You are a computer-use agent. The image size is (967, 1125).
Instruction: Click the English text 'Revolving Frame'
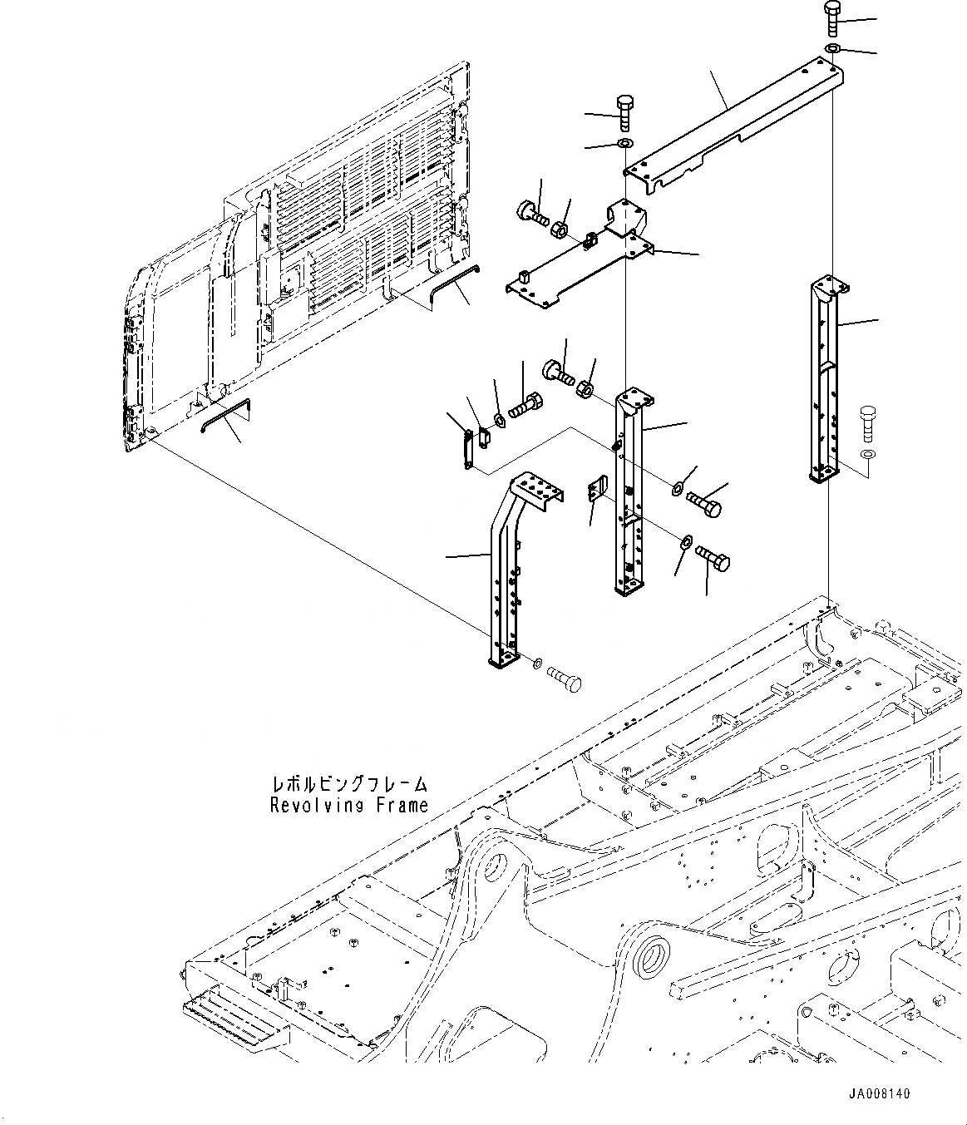pos(349,805)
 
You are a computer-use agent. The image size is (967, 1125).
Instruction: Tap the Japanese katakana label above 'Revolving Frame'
pos(349,784)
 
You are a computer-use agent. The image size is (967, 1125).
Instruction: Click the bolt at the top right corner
pos(833,17)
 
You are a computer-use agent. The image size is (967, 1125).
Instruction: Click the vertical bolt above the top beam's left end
pos(624,112)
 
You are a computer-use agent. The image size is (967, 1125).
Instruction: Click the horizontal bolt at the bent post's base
pos(565,678)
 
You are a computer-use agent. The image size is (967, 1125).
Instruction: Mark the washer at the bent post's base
pos(538,664)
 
